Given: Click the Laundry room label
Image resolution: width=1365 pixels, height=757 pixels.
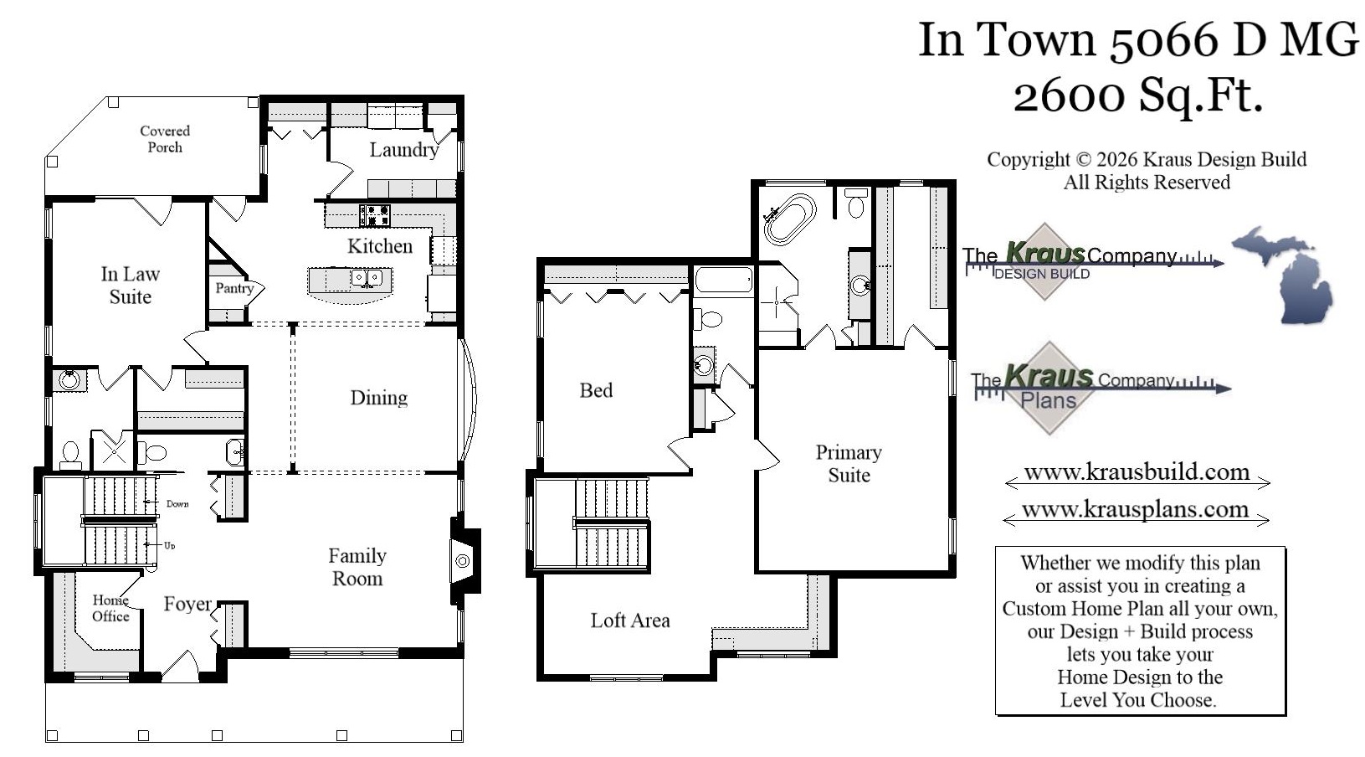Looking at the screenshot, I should click(x=403, y=150).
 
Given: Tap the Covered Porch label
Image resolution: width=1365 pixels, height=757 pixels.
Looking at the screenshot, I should click(x=165, y=139).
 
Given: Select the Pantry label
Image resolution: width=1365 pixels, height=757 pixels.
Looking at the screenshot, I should click(x=234, y=288).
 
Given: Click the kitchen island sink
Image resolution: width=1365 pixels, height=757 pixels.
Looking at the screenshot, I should click(x=367, y=277).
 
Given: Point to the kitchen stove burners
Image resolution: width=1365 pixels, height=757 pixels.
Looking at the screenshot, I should click(x=374, y=215).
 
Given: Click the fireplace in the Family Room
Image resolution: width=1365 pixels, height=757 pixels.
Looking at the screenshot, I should click(x=462, y=561).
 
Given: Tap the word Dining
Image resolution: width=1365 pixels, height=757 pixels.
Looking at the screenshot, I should click(x=378, y=398).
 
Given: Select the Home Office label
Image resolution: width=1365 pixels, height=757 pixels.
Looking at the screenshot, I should click(x=110, y=608).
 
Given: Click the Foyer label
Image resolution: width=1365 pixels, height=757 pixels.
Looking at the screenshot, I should click(x=187, y=604).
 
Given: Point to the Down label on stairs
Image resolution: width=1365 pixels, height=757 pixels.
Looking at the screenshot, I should click(x=177, y=504).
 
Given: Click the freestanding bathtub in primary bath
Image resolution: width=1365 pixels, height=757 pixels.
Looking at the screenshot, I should click(x=789, y=219).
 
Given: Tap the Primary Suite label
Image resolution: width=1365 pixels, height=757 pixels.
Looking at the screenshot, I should click(x=849, y=464).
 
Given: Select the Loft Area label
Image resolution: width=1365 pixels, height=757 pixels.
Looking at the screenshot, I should click(x=629, y=621).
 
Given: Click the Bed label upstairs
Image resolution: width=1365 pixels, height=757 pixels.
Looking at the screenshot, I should click(x=596, y=390).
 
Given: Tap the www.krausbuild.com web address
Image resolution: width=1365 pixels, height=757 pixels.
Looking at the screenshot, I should click(x=1137, y=472).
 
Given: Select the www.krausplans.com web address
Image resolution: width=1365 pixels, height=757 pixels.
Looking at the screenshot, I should click(x=1135, y=510).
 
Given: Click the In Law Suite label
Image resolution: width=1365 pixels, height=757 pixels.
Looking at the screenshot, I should click(x=130, y=286).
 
